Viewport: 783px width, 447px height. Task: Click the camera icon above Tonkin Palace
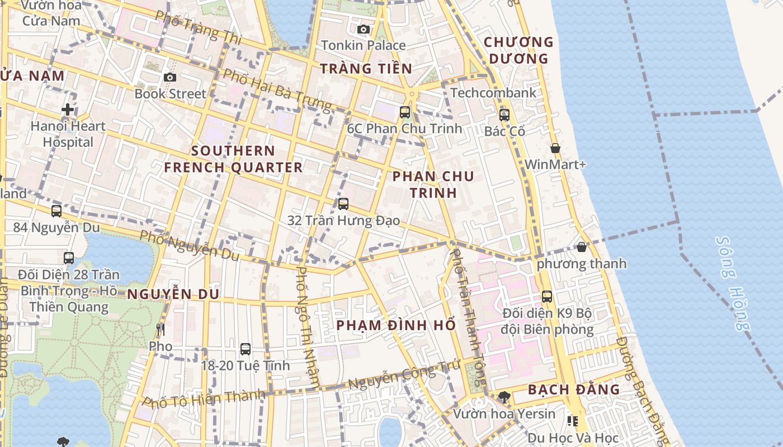click(364, 29)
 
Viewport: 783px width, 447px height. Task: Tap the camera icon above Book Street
click(170, 77)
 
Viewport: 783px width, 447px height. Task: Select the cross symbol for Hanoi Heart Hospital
click(68, 110)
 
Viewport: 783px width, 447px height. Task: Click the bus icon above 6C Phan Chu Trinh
click(405, 112)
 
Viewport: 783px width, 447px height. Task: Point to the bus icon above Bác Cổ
click(504, 115)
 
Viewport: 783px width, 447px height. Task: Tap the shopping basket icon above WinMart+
click(555, 148)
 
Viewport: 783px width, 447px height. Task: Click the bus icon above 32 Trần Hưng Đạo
click(343, 204)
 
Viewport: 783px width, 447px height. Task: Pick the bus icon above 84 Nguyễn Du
click(56, 211)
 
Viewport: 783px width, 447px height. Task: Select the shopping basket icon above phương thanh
click(582, 247)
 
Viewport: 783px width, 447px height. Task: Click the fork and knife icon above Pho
click(161, 330)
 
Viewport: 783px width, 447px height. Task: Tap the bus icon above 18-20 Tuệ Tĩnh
click(246, 349)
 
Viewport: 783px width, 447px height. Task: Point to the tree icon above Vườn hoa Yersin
click(504, 397)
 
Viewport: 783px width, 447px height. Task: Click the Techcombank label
click(493, 93)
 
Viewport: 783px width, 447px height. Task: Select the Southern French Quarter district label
click(233, 159)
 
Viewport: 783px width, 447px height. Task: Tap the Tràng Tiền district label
click(366, 69)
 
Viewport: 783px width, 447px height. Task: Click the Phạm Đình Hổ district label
click(396, 325)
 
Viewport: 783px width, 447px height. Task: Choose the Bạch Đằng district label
click(574, 389)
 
